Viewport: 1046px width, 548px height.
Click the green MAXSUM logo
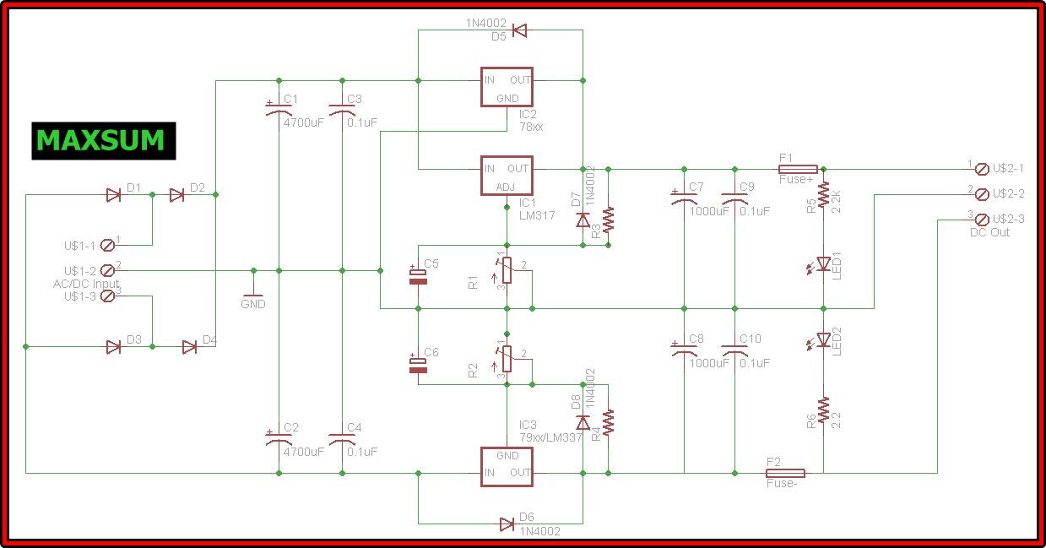click(103, 141)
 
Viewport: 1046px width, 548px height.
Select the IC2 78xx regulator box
click(507, 88)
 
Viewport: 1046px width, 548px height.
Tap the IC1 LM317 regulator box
click(507, 176)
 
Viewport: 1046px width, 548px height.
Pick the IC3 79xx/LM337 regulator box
click(507, 465)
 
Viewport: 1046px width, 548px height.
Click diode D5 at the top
click(519, 31)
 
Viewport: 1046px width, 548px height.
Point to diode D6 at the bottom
click(507, 524)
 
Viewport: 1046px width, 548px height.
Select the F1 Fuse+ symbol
click(797, 169)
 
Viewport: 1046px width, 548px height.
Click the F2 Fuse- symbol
click(784, 473)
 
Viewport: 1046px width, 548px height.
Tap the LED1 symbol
click(823, 264)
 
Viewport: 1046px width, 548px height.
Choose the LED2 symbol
click(823, 340)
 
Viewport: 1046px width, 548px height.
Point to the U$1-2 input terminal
click(107, 270)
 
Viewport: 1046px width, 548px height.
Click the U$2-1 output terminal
click(981, 170)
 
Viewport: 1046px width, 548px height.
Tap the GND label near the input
click(252, 303)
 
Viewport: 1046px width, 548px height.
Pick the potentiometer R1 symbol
click(507, 270)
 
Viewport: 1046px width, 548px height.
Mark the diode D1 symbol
click(113, 195)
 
